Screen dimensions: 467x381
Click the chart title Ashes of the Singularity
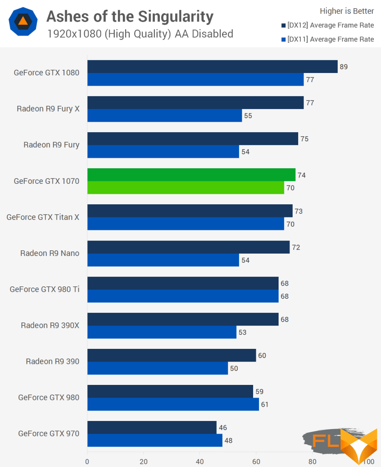coord(130,17)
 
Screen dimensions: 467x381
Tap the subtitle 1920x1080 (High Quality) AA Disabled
coord(140,34)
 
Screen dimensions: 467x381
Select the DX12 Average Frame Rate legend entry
coord(327,25)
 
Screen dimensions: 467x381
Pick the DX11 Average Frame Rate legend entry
coord(327,39)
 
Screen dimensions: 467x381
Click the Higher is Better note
coord(347,11)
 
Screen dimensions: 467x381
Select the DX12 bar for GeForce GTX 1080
coord(212,67)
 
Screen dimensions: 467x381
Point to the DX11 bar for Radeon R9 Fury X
coord(164,115)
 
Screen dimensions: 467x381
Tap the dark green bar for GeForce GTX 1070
coord(191,175)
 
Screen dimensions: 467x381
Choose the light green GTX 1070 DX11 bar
coord(185,187)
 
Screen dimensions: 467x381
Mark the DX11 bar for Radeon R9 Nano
coord(163,260)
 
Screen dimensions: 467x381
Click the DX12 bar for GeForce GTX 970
coord(152,427)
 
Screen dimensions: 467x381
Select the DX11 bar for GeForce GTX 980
coord(173,404)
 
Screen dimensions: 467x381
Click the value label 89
coord(344,67)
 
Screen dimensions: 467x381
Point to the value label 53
coord(242,332)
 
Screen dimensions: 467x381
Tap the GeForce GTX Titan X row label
coord(43,217)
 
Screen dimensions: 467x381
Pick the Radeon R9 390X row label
coord(50,325)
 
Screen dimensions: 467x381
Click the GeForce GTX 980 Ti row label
coord(45,289)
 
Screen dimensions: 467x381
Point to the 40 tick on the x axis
coord(200,461)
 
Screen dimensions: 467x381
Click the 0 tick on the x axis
coord(87,461)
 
